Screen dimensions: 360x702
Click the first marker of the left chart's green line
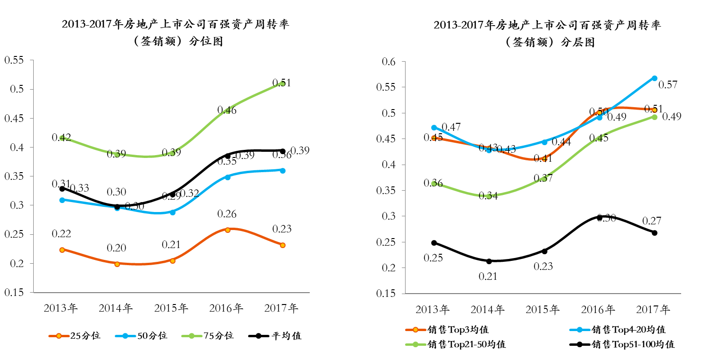pyautogui.click(x=62, y=138)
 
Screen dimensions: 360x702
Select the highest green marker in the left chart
pyautogui.click(x=282, y=83)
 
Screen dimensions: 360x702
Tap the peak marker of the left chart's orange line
pyautogui.click(x=227, y=230)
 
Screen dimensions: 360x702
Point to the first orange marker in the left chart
pyautogui.click(x=62, y=250)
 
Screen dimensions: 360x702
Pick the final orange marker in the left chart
pyautogui.click(x=282, y=245)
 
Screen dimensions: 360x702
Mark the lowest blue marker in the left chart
pyautogui.click(x=172, y=212)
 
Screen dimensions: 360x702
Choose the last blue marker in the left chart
pyautogui.click(x=282, y=170)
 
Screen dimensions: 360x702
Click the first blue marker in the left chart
pyautogui.click(x=62, y=200)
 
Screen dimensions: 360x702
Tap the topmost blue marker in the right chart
pyautogui.click(x=654, y=78)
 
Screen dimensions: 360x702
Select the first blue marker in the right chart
pyautogui.click(x=434, y=128)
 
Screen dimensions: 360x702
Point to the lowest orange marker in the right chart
pyautogui.click(x=544, y=159)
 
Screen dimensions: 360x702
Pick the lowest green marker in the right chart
pyautogui.click(x=489, y=196)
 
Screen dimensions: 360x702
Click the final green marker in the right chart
pyautogui.click(x=654, y=117)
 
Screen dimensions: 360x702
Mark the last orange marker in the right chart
pyautogui.click(x=654, y=110)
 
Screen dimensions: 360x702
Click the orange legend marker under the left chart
pyautogui.click(x=59, y=336)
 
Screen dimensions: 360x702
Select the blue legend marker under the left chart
pyautogui.click(x=125, y=336)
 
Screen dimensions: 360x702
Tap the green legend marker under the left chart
pyautogui.click(x=192, y=336)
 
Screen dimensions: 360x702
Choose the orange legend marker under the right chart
pyautogui.click(x=416, y=330)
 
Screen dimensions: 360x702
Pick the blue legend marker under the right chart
pyautogui.click(x=580, y=330)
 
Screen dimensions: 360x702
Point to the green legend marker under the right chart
pyautogui.click(x=416, y=344)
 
